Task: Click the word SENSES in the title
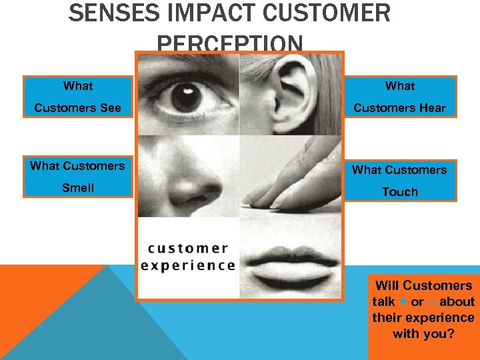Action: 106,13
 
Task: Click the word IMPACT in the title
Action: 197,13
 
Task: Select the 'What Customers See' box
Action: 78,97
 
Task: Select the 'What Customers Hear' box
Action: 400,97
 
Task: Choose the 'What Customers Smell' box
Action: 78,177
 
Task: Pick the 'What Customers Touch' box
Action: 400,180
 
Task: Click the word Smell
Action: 78,188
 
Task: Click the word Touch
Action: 400,192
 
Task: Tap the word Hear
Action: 431,108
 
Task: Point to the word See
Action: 110,108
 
